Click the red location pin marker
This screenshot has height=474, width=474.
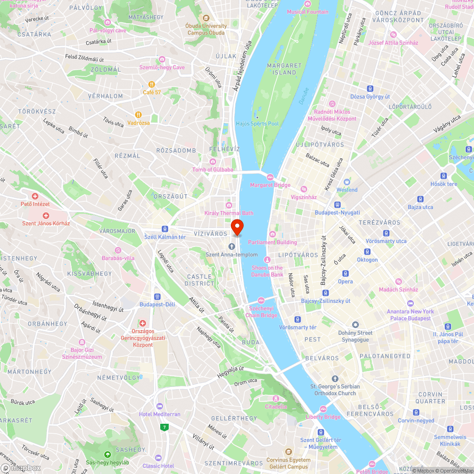click(x=237, y=227)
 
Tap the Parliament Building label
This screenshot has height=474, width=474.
click(x=273, y=242)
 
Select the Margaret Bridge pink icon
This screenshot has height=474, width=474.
click(x=270, y=177)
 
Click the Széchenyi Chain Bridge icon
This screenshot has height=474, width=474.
click(x=261, y=301)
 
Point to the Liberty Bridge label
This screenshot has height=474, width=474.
click(x=323, y=417)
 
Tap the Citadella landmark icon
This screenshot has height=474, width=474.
click(x=276, y=398)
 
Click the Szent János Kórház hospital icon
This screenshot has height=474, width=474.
click(x=46, y=215)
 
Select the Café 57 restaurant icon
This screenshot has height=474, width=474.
click(x=152, y=84)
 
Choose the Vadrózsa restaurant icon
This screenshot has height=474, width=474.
click(x=138, y=114)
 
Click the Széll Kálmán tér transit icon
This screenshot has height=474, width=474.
click(x=165, y=228)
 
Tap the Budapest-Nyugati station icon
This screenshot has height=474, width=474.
click(x=337, y=205)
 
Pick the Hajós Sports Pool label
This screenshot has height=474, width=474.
click(x=257, y=124)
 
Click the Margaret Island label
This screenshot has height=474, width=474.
click(x=284, y=69)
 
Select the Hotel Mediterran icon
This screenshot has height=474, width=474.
click(x=159, y=406)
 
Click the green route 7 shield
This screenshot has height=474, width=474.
click(x=164, y=427)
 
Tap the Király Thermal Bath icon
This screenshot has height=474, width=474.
click(x=229, y=205)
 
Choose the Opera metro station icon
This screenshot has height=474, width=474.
click(x=345, y=273)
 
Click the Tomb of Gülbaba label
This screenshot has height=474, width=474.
click(x=213, y=170)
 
